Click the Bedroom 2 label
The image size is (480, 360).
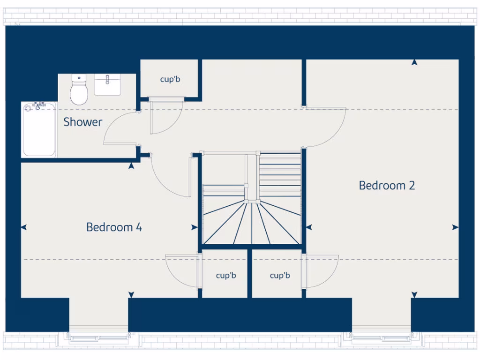click(387, 185)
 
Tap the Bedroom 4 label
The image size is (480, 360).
click(114, 227)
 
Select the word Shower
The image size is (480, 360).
click(82, 122)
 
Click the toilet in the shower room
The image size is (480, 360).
click(79, 90)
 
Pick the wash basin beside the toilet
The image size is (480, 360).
click(107, 85)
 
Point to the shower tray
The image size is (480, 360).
click(39, 129)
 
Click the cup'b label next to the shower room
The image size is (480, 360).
click(170, 79)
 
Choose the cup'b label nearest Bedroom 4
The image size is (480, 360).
click(225, 275)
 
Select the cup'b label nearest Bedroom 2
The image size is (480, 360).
click(279, 275)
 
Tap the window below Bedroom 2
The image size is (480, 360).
click(382, 337)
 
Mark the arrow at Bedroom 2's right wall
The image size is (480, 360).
click(455, 227)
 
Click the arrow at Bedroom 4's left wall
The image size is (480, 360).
click(24, 227)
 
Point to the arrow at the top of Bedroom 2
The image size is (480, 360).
click(414, 62)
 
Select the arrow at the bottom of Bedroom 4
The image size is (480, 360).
click(131, 294)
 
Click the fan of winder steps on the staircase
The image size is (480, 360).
click(252, 223)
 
